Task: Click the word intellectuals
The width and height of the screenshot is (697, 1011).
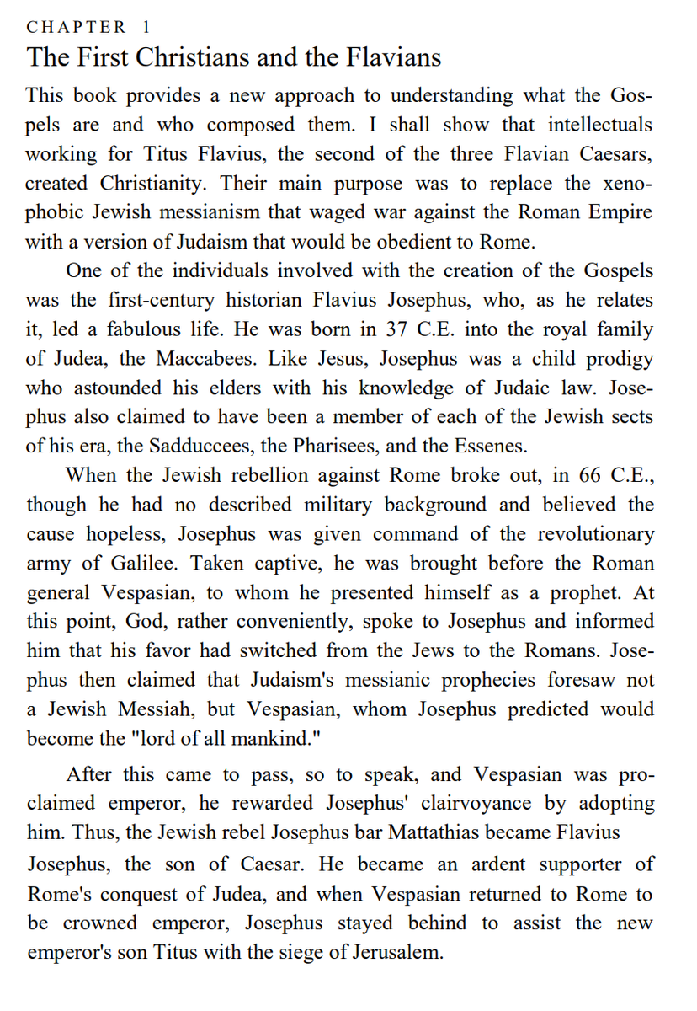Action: (600, 125)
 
